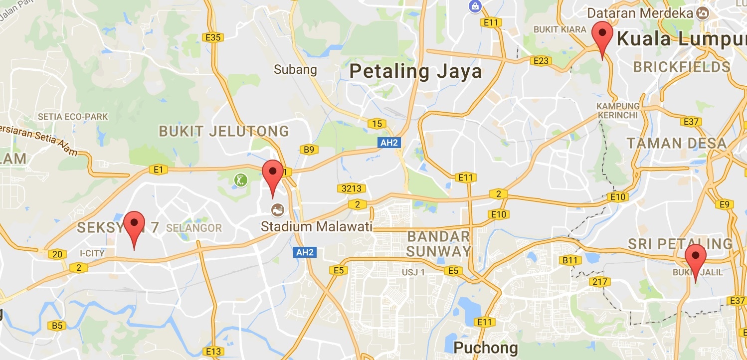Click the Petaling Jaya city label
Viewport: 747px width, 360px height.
tap(415, 71)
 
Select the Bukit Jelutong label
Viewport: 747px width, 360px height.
tap(224, 131)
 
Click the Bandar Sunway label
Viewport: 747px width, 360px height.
tap(439, 243)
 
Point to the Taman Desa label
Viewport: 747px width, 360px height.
tap(677, 144)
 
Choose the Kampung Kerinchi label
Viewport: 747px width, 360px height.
tap(618, 110)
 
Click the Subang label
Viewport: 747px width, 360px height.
tap(295, 69)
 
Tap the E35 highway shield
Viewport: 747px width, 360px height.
tap(213, 37)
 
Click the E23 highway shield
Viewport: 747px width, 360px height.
tap(541, 61)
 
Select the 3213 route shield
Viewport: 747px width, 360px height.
tap(352, 188)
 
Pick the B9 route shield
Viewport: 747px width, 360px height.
tap(309, 149)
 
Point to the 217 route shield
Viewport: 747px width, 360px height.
tap(599, 282)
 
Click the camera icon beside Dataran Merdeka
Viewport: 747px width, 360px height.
tap(703, 13)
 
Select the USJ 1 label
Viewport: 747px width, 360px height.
tap(413, 273)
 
